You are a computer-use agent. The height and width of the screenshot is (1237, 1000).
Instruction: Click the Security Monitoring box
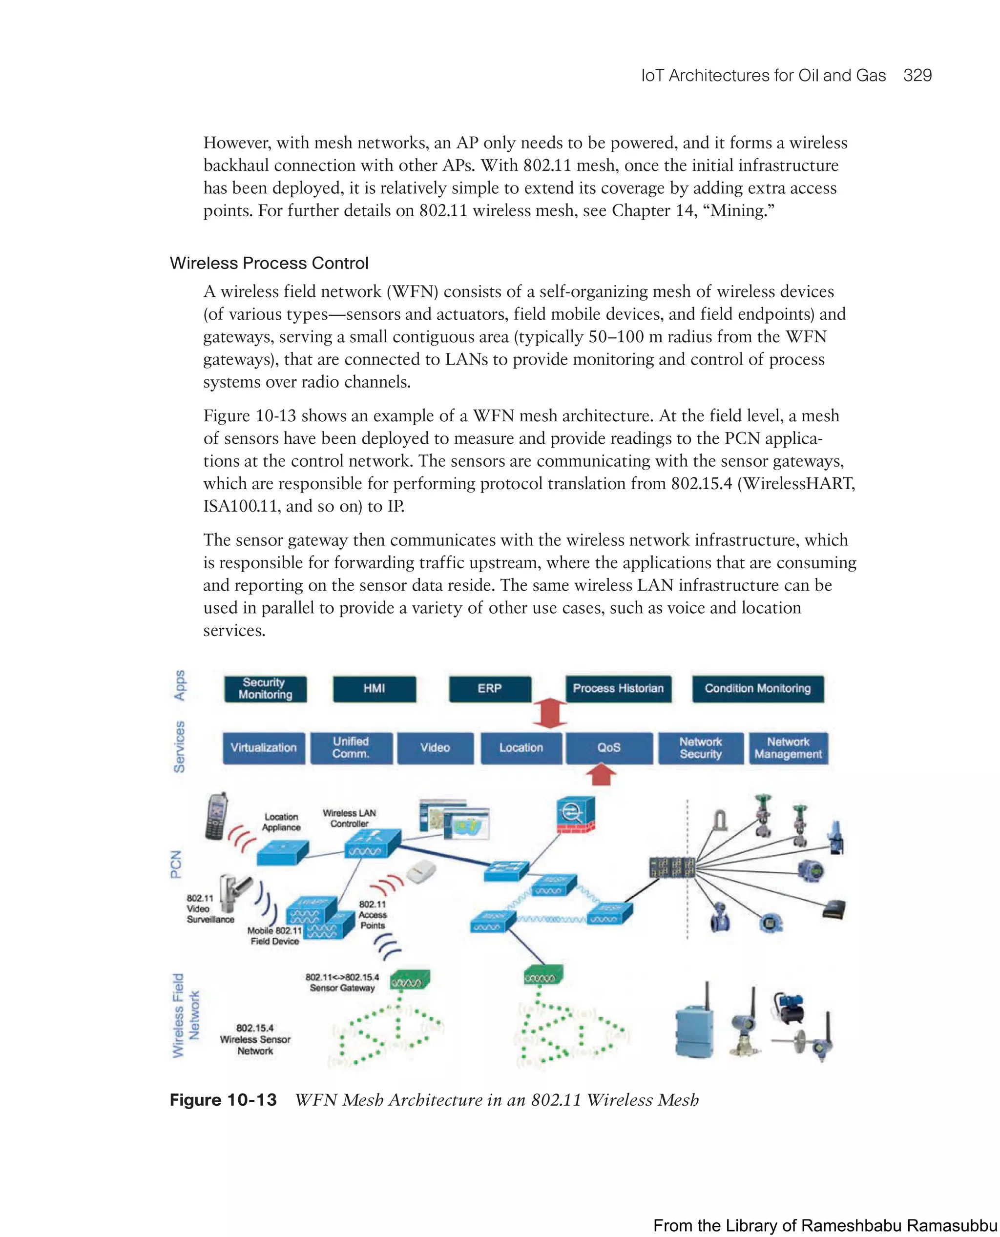pyautogui.click(x=265, y=689)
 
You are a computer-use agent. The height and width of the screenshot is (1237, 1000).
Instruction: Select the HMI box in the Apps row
pyautogui.click(x=374, y=689)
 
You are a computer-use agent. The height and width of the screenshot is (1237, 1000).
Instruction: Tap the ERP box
pyautogui.click(x=490, y=689)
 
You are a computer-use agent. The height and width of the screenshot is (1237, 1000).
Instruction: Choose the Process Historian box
pyautogui.click(x=618, y=689)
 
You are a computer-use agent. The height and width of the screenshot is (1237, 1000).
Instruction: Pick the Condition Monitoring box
pyautogui.click(x=757, y=689)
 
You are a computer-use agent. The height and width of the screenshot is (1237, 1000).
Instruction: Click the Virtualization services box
pyautogui.click(x=264, y=748)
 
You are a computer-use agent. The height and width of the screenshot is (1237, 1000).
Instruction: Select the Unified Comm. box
pyautogui.click(x=351, y=748)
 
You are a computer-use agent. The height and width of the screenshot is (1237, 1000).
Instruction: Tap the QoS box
pyautogui.click(x=609, y=748)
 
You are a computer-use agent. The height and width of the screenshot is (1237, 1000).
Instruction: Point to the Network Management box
pyautogui.click(x=788, y=748)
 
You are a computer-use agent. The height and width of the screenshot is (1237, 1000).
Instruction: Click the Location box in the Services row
pyautogui.click(x=521, y=748)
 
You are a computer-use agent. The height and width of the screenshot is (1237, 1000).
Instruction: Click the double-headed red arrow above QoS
pyautogui.click(x=550, y=713)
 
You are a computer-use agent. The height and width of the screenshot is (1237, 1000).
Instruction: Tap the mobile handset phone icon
pyautogui.click(x=216, y=816)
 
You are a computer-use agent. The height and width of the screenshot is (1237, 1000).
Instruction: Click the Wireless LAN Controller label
pyautogui.click(x=349, y=818)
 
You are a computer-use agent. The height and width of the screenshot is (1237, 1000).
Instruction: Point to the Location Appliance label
pyautogui.click(x=281, y=822)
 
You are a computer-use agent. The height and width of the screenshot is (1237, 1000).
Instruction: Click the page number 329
pyautogui.click(x=917, y=76)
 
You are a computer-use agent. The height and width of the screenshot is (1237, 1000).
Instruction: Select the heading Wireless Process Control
pyautogui.click(x=269, y=263)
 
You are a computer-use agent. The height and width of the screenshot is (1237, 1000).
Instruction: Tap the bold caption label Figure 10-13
pyautogui.click(x=223, y=1100)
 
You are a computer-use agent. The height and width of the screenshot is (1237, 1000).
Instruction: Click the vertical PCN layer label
pyautogui.click(x=176, y=864)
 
